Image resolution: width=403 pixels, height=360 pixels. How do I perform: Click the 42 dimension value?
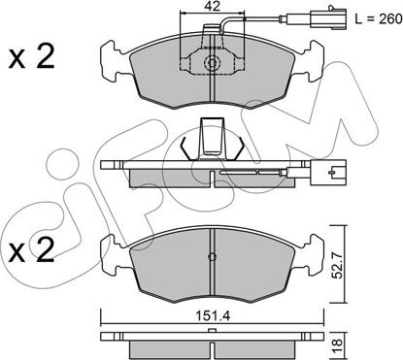tap(213, 6)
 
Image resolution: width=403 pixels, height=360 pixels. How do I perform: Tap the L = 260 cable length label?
tap(378, 19)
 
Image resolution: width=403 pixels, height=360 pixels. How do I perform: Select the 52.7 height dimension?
tap(338, 266)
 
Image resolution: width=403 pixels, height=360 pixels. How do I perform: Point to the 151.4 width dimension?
tap(212, 316)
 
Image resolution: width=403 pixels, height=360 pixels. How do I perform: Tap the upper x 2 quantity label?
tap(31, 57)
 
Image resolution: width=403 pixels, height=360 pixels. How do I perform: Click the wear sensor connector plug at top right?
tap(328, 17)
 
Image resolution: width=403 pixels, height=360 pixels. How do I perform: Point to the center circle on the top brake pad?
tap(212, 63)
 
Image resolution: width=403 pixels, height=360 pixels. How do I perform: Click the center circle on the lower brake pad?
tap(212, 257)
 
